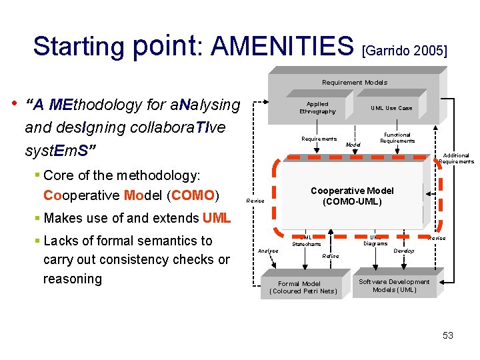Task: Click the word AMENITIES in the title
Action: pos(282,46)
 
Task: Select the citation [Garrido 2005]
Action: pos(404,50)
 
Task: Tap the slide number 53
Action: pos(447,335)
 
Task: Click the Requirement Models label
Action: pos(354,83)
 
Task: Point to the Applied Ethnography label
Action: pos(317,108)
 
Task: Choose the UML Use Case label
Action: pos(391,108)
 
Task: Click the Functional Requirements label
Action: pos(397,138)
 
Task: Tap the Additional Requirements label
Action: pos(456,159)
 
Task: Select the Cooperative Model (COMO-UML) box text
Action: pos(352,196)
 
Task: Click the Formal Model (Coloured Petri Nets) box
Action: pos(303,287)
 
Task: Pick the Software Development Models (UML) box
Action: pos(394,286)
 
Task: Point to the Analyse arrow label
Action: pos(268,251)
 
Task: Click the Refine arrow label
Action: pos(330,256)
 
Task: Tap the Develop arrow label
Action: pos(404,251)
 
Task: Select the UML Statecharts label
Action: pos(306,241)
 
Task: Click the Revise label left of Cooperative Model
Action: pos(255,201)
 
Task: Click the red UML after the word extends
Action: pos(217,218)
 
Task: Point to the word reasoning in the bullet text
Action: pos(73,278)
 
